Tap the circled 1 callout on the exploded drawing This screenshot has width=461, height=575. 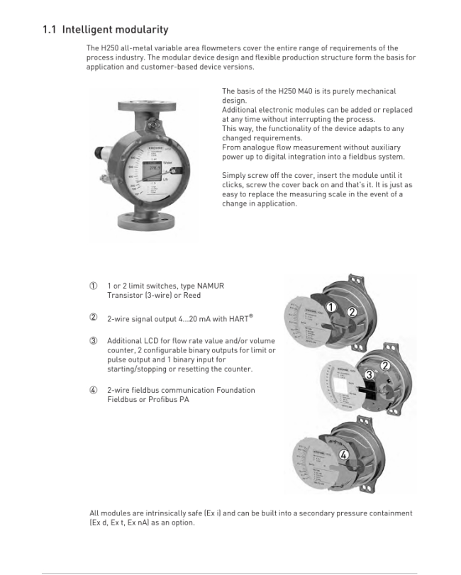pos(331,307)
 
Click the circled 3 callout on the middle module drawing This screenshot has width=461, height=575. pos(369,374)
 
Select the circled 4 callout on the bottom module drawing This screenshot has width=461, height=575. pos(343,454)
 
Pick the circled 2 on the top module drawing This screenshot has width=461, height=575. pos(352,311)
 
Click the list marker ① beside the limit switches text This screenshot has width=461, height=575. pos(93,286)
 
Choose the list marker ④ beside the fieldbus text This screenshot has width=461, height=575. pos(93,391)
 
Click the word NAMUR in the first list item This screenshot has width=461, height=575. pos(209,286)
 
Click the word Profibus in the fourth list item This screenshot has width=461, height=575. pos(152,400)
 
